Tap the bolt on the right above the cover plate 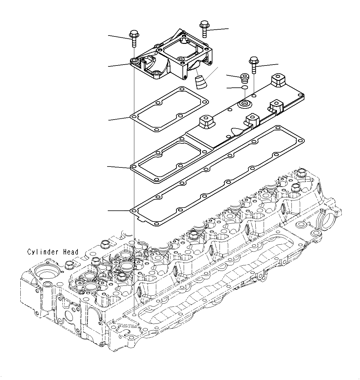click(253, 64)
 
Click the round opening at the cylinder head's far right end click(327, 219)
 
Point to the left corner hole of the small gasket click(134, 117)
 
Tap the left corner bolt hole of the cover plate click(133, 167)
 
